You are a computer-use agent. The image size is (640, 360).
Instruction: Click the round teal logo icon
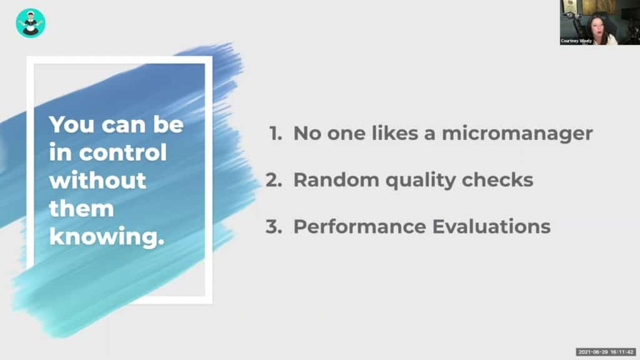31,23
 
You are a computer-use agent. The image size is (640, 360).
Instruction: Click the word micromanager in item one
517,134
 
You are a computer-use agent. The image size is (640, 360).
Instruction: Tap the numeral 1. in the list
276,134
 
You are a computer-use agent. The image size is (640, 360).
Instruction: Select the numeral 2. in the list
274,180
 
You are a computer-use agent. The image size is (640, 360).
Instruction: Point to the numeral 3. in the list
274,226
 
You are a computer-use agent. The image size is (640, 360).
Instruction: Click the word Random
336,180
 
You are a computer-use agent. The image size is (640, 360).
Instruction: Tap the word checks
497,180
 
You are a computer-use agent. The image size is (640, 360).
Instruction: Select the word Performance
359,226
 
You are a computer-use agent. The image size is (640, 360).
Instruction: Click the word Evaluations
491,226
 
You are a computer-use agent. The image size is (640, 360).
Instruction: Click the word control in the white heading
123,152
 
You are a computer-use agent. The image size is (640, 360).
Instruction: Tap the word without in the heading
97,181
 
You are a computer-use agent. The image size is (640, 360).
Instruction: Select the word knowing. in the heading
107,237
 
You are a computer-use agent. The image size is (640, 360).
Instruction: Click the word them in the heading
82,209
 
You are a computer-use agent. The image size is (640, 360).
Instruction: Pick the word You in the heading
72,124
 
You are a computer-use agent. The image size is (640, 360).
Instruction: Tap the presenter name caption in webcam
576,41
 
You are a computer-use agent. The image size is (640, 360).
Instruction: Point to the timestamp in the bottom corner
606,352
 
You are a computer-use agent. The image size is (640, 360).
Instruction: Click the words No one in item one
329,134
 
